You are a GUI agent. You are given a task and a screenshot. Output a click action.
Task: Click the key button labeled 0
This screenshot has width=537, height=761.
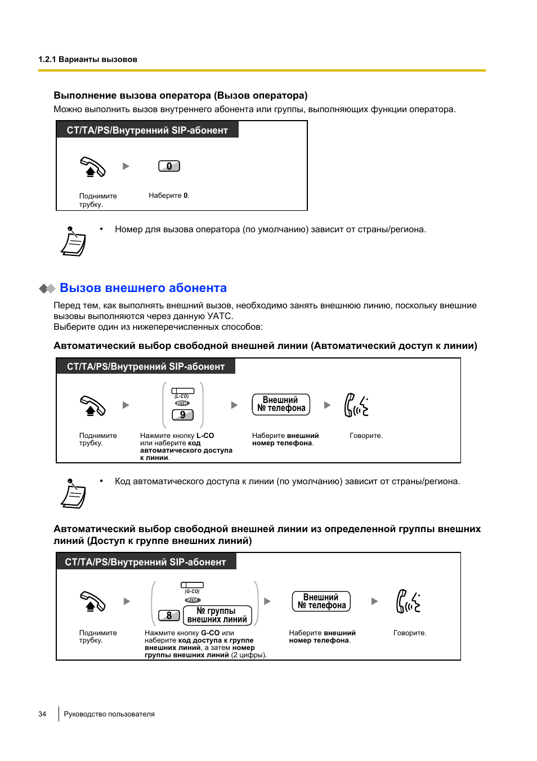point(169,166)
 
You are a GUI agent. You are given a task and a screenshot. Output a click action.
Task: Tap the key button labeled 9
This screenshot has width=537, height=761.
point(182,415)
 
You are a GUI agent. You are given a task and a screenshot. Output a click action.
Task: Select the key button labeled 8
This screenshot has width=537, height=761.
point(169,616)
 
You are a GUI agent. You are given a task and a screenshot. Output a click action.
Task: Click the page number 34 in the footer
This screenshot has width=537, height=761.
point(42,714)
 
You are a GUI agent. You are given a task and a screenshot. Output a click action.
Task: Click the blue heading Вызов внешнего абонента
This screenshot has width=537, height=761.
point(143,288)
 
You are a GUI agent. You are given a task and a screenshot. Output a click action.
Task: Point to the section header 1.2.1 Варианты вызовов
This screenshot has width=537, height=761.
point(88,59)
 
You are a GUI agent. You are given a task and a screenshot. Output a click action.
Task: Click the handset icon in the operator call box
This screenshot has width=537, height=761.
point(92,167)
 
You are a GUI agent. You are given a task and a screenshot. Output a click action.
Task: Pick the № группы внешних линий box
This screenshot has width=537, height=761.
point(217,615)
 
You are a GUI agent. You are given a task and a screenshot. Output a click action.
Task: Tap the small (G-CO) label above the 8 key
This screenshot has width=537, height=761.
point(192,591)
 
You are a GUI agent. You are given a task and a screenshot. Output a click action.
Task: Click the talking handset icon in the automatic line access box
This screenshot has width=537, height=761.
point(356,405)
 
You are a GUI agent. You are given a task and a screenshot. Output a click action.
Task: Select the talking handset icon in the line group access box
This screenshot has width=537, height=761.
point(408,601)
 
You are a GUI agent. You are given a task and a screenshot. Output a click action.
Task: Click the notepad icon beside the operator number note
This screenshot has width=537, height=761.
point(73,242)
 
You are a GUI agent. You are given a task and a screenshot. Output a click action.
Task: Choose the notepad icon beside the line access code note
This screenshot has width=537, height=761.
point(73,494)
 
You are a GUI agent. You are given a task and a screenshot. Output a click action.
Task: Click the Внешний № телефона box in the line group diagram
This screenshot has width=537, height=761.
point(321,601)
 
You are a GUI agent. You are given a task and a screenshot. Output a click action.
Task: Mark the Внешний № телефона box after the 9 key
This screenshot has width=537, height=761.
point(281,404)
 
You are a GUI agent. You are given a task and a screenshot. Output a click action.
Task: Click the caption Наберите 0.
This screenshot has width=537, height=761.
point(169,196)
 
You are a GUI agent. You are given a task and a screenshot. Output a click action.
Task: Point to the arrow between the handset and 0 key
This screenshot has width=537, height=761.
point(126,166)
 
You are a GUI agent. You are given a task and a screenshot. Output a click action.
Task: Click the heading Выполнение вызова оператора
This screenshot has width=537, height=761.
point(180,95)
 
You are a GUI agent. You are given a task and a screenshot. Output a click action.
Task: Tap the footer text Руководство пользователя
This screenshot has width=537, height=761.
point(109,714)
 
